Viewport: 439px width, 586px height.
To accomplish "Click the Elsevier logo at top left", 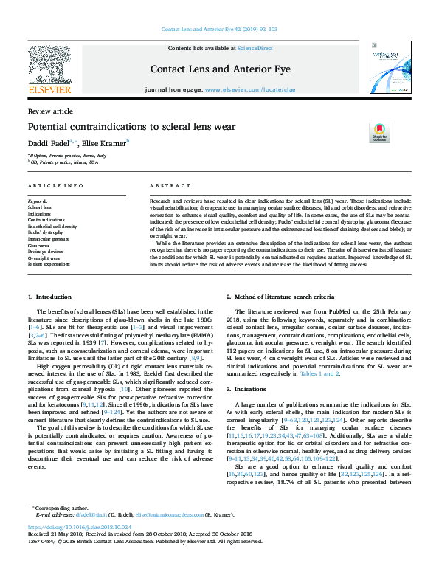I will coord(50,71).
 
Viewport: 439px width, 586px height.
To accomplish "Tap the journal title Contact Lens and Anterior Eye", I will coord(219,69).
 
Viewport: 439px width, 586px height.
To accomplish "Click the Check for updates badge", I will coord(380,133).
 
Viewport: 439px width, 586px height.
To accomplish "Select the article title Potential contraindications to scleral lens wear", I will coord(131,126).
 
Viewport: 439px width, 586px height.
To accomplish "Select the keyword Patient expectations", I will coord(49,263).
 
